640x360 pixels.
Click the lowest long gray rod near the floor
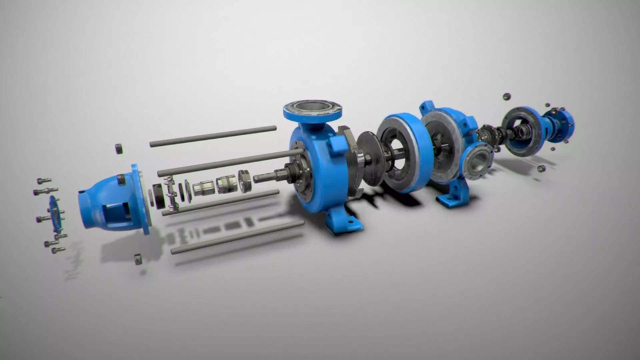(x=237, y=237)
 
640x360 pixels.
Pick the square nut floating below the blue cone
(x=137, y=259)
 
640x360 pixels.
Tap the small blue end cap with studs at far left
(x=55, y=217)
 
